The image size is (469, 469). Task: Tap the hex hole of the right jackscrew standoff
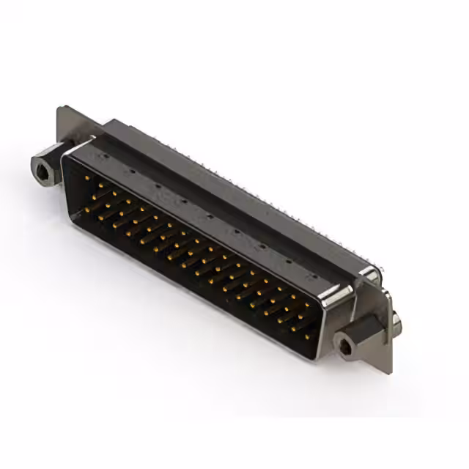click(x=345, y=341)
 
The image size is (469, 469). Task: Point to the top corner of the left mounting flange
click(x=60, y=109)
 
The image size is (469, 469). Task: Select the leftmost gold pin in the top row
click(x=87, y=178)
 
